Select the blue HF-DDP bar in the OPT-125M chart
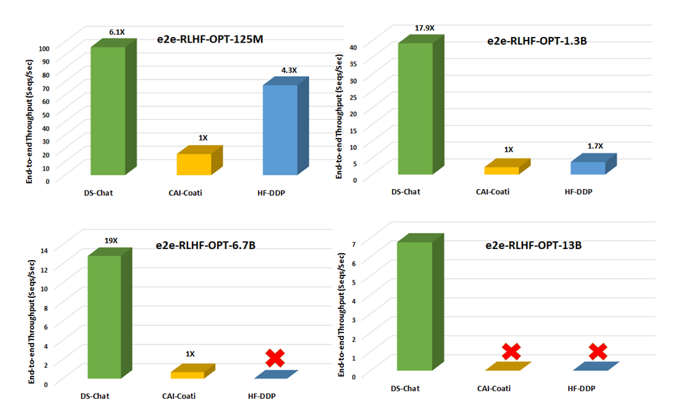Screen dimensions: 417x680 (280, 130)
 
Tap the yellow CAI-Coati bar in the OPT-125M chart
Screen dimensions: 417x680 (194, 164)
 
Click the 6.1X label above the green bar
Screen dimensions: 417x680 (116, 33)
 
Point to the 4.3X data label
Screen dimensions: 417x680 (289, 70)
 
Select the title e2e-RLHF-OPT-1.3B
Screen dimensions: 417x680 (536, 40)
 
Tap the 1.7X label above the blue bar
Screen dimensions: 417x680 (595, 146)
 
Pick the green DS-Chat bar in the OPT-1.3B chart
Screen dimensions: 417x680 (415, 108)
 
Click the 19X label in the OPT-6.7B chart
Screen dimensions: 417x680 (111, 241)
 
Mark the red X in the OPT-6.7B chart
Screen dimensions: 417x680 (275, 358)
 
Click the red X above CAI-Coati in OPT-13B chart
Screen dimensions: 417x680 (511, 351)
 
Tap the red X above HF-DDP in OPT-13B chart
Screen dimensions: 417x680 (597, 351)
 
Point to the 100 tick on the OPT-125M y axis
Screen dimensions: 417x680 (62, 48)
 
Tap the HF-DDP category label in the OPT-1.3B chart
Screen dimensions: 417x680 (578, 192)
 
